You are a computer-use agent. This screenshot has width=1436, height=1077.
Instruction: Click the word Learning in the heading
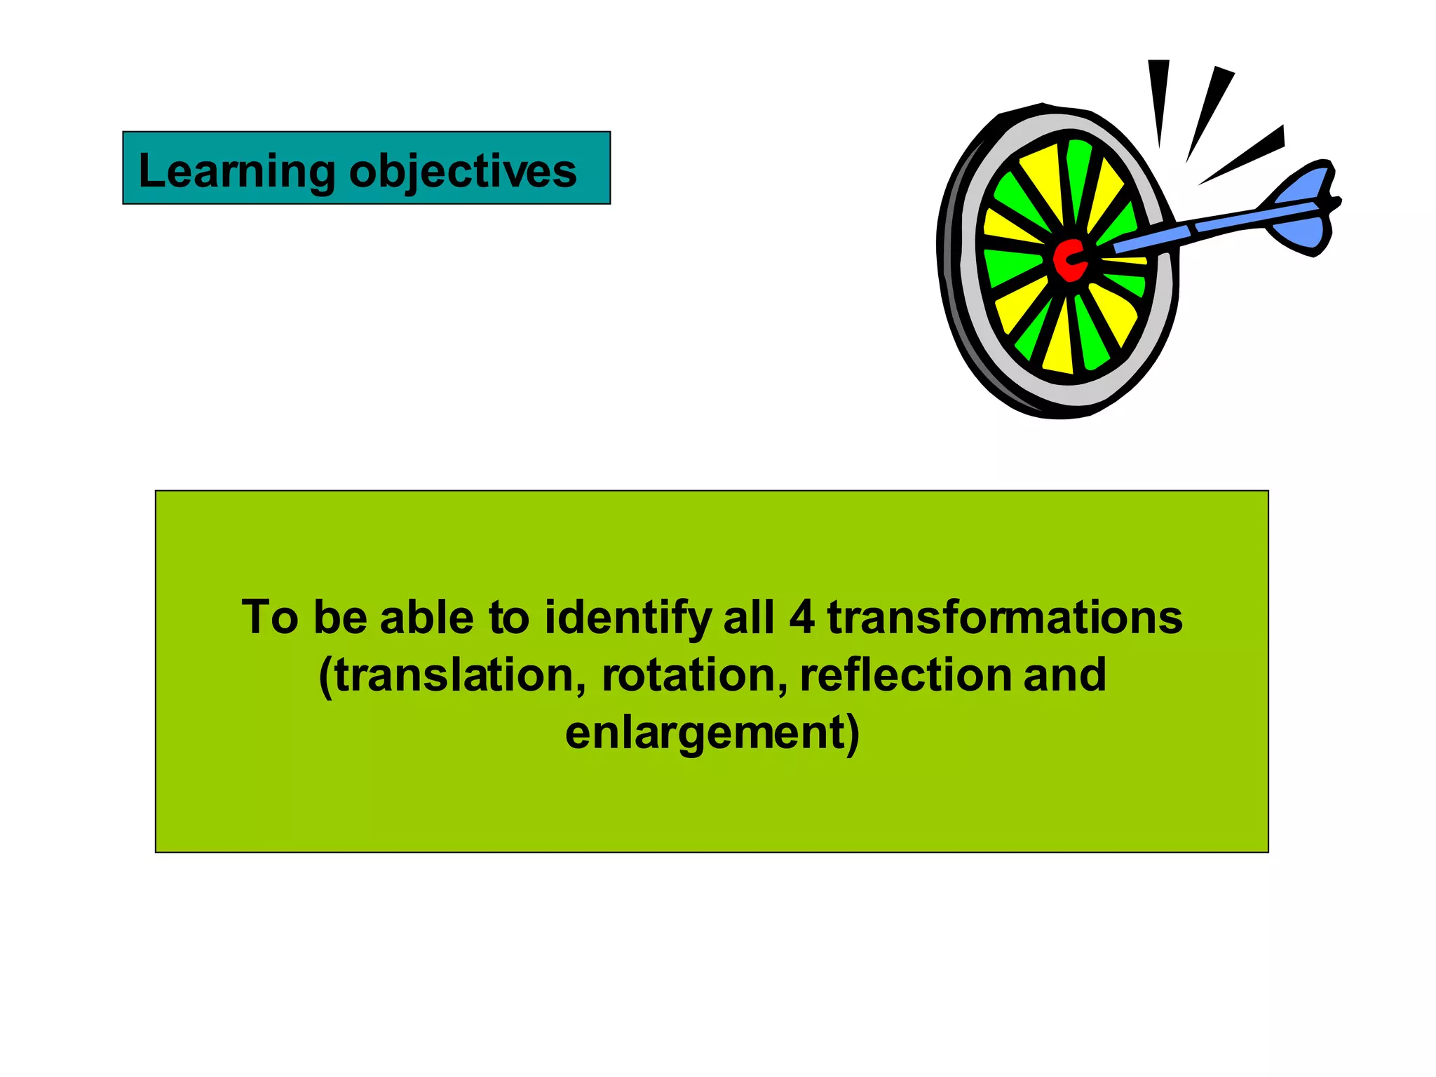(237, 172)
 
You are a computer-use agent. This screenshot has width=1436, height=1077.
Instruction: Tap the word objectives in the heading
(463, 172)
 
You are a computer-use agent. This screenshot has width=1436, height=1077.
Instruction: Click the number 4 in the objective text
(801, 618)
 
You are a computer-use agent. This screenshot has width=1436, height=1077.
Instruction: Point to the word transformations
(1005, 618)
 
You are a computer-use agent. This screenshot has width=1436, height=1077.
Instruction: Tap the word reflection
(905, 676)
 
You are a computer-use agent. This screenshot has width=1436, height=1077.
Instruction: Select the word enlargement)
(712, 733)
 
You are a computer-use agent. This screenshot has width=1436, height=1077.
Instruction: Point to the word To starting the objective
(270, 618)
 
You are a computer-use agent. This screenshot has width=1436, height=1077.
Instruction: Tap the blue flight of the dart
(1301, 210)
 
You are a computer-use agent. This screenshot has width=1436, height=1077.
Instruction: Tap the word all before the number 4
(749, 618)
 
